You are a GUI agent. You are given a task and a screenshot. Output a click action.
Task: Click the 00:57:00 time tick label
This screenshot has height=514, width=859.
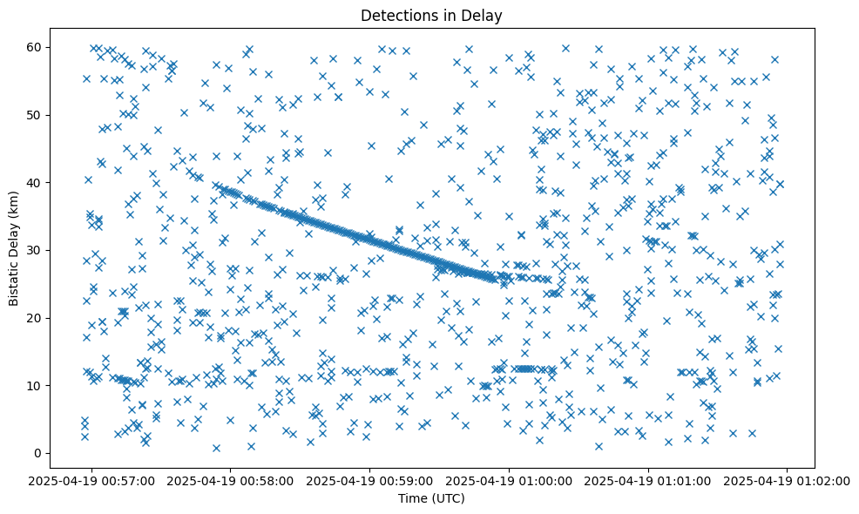pos(91,480)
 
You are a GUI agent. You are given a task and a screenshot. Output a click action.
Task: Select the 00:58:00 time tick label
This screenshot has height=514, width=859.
pos(231,480)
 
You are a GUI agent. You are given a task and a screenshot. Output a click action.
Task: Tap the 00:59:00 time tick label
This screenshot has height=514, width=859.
pos(370,480)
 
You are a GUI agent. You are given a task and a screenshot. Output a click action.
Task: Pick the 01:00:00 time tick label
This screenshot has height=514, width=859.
pos(510,480)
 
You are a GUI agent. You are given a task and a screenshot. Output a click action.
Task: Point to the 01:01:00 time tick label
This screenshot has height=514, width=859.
pos(649,480)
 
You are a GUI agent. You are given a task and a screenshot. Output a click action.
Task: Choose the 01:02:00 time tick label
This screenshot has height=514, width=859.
pos(788,480)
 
